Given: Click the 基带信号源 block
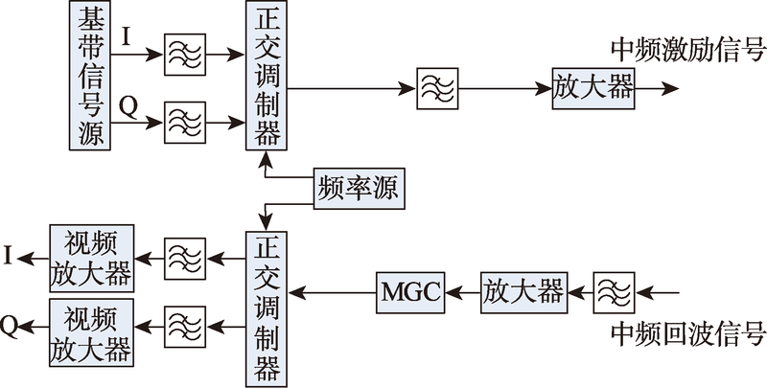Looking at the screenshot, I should point(90,76).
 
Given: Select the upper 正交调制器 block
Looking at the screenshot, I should point(264,76).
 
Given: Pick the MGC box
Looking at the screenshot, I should point(410,290).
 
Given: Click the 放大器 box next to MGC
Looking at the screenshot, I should point(523,290).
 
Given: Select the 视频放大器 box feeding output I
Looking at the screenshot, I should point(91,257).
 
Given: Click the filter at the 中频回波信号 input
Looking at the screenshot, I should point(613,290).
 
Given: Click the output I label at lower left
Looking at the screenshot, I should point(9,256).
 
